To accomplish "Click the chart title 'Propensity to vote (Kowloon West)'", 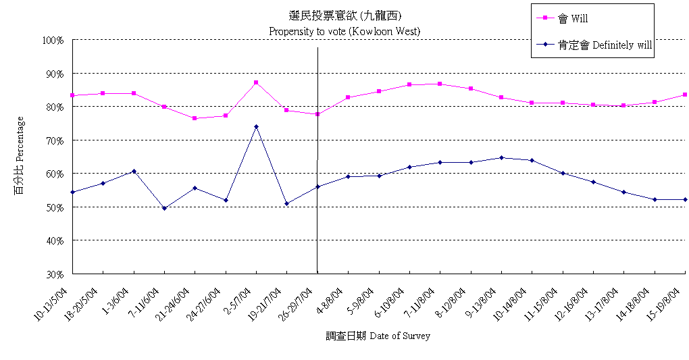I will (344, 31).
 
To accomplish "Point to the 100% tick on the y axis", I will (53, 40).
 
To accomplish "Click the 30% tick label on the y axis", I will (54, 274).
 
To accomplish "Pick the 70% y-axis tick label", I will (54, 140).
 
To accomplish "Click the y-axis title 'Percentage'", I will (20, 155).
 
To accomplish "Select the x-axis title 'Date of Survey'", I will (378, 336).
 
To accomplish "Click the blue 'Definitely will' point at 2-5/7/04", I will (256, 126).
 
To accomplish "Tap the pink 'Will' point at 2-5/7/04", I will (256, 82).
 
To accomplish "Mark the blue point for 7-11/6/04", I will (164, 208).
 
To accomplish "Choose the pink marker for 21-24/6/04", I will (195, 118).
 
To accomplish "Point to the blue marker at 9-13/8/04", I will (501, 158).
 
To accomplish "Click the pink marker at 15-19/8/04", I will (685, 95).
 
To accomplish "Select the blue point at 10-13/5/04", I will (72, 192).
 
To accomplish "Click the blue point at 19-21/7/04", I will (287, 203).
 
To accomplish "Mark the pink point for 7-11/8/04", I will (440, 84).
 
